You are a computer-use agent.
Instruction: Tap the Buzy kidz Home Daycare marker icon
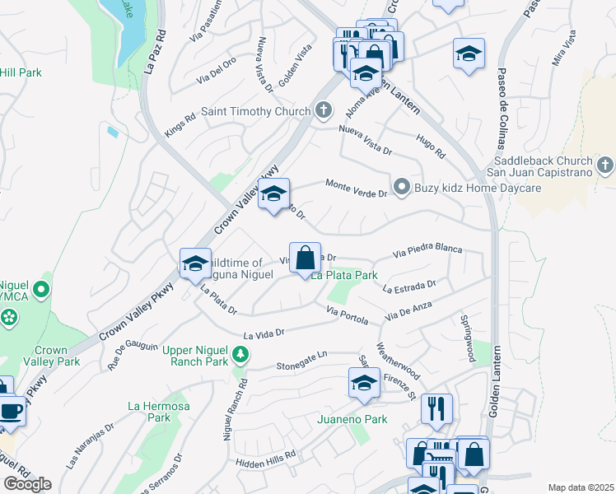pos(402,188)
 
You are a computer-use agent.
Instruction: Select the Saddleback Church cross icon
pos(605,165)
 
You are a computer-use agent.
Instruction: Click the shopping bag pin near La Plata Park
pos(305,258)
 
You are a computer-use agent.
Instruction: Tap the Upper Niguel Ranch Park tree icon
pos(240,355)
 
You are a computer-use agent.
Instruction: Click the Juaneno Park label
pos(352,419)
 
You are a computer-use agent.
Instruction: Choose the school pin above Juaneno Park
pos(364,383)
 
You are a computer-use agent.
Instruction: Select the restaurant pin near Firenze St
pos(436,409)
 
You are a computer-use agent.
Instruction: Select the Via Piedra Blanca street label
pos(427,249)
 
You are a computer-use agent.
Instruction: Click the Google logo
pos(27,484)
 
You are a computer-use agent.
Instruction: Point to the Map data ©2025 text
pos(581,487)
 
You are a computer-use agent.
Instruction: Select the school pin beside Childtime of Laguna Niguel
pos(195,263)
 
